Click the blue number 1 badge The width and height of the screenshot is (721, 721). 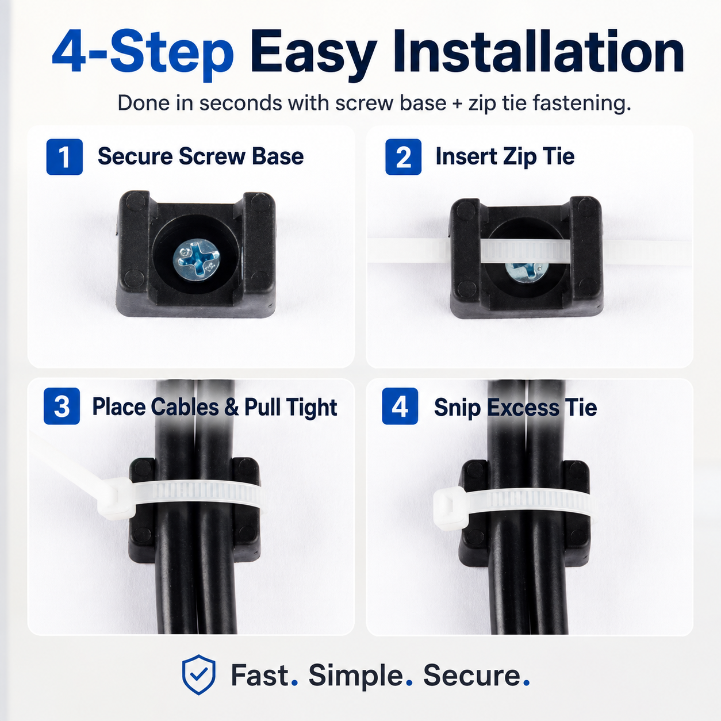pyautogui.click(x=64, y=157)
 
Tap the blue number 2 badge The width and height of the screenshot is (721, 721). pyautogui.click(x=404, y=157)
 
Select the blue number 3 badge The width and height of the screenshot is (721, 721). pyautogui.click(x=62, y=406)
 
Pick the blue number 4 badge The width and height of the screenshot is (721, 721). pyautogui.click(x=400, y=406)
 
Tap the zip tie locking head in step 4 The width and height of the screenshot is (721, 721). pyautogui.click(x=451, y=507)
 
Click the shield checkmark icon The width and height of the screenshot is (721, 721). pyautogui.click(x=199, y=674)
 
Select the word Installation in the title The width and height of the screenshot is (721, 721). pyautogui.click(x=538, y=52)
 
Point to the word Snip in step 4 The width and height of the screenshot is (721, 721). pyautogui.click(x=457, y=408)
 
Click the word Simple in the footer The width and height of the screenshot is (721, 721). pyautogui.click(x=355, y=676)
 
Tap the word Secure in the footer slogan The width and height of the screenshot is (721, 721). pyautogui.click(x=472, y=676)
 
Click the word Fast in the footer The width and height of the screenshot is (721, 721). pyautogui.click(x=260, y=676)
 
